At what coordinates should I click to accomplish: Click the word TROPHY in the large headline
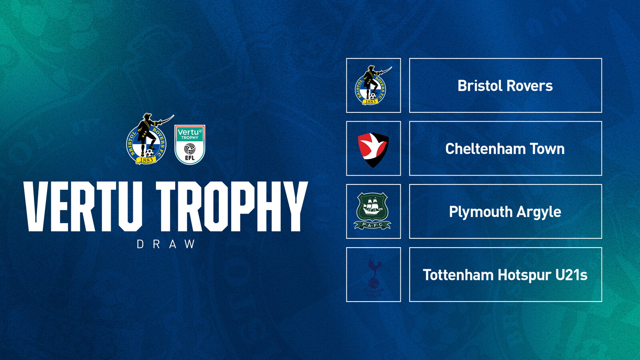click(x=232, y=206)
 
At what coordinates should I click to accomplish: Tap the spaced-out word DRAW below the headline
click(x=166, y=244)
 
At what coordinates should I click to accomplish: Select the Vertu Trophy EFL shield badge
click(x=190, y=144)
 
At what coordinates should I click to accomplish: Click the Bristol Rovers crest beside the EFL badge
click(x=147, y=140)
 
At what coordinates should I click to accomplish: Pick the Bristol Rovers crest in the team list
click(x=372, y=85)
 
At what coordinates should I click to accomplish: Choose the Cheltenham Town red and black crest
click(x=373, y=149)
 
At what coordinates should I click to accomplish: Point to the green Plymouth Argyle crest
click(x=373, y=211)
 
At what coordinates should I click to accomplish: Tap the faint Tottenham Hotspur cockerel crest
click(x=374, y=274)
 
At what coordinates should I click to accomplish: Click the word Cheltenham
click(x=485, y=149)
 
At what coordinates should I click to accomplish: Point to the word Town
click(x=547, y=149)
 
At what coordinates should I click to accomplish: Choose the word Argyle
click(x=539, y=212)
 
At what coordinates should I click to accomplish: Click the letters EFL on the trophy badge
click(x=190, y=158)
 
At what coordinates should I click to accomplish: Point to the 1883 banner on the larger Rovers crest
click(x=146, y=160)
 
